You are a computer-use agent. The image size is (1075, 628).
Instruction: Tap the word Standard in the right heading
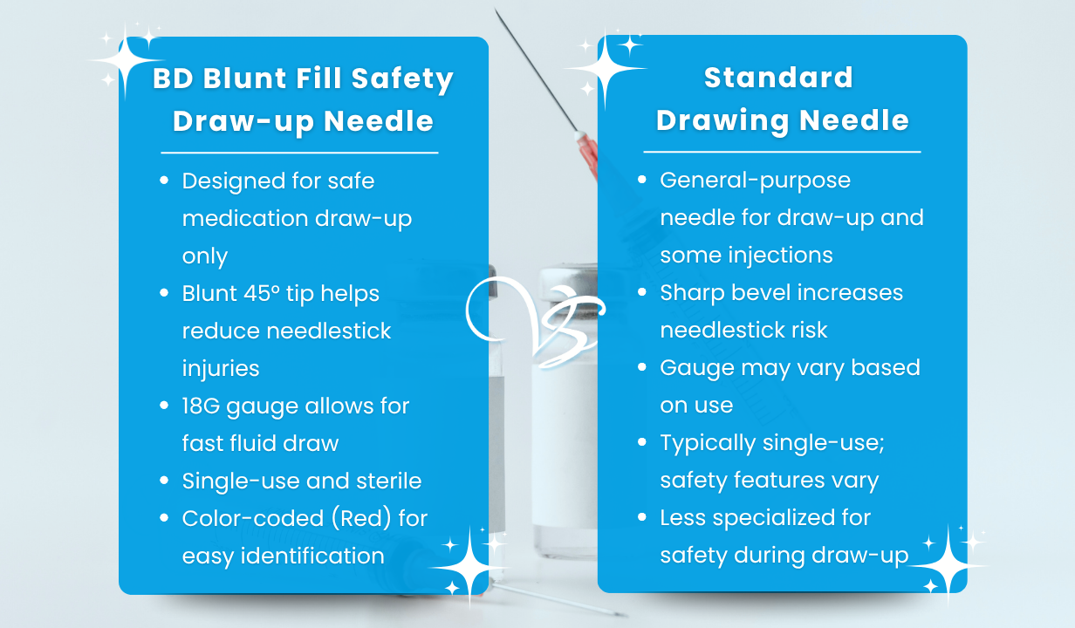click(778, 78)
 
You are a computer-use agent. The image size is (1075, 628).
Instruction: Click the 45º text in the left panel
click(270, 293)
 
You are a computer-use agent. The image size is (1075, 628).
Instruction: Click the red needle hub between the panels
click(587, 154)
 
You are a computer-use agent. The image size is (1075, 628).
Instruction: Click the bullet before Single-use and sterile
click(164, 481)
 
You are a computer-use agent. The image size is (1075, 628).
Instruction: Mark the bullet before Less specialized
click(642, 517)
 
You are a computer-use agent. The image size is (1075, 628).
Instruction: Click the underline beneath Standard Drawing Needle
click(782, 151)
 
